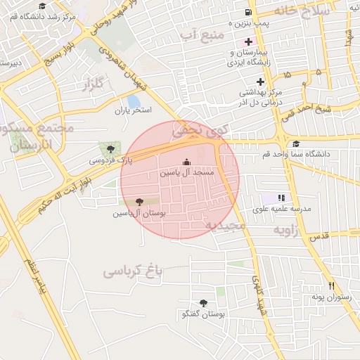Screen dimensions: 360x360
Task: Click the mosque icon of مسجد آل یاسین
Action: (186, 161)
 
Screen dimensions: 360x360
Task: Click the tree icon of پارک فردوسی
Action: (110, 148)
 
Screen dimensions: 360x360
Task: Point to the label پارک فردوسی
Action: (110, 160)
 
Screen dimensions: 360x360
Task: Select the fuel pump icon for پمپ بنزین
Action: (247, 13)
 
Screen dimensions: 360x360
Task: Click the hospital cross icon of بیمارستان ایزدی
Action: (249, 42)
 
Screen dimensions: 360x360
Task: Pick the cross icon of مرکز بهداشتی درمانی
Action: (259, 82)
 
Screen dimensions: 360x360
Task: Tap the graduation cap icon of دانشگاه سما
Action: (295, 143)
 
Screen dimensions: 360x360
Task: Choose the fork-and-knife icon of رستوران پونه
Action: (331, 286)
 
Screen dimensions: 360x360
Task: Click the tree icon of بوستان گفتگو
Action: (204, 303)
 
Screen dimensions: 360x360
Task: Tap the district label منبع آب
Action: (202, 34)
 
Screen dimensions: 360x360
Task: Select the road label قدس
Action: (319, 237)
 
